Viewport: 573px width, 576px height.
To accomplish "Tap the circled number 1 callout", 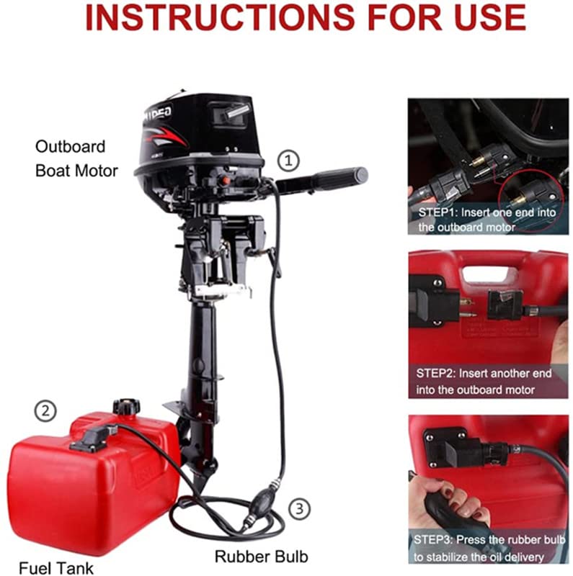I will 288,160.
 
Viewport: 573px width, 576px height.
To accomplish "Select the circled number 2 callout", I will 45,412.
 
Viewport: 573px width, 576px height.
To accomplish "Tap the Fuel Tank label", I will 56,567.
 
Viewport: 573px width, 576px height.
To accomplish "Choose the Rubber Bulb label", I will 261,556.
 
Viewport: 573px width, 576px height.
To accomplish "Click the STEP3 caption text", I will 488,547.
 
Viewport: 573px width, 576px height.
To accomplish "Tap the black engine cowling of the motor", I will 198,130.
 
